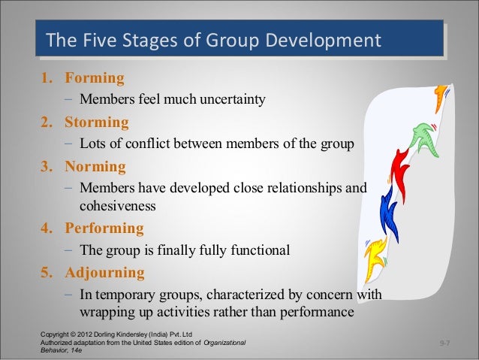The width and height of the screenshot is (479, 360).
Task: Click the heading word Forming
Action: point(95,78)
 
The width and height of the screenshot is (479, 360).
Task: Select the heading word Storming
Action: point(97,122)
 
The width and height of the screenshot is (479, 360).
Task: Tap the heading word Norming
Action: point(95,166)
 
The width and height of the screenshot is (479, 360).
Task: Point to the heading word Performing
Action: point(104,228)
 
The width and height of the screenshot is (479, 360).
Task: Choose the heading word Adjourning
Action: point(104,272)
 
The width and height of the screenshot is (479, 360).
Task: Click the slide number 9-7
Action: point(446,343)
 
